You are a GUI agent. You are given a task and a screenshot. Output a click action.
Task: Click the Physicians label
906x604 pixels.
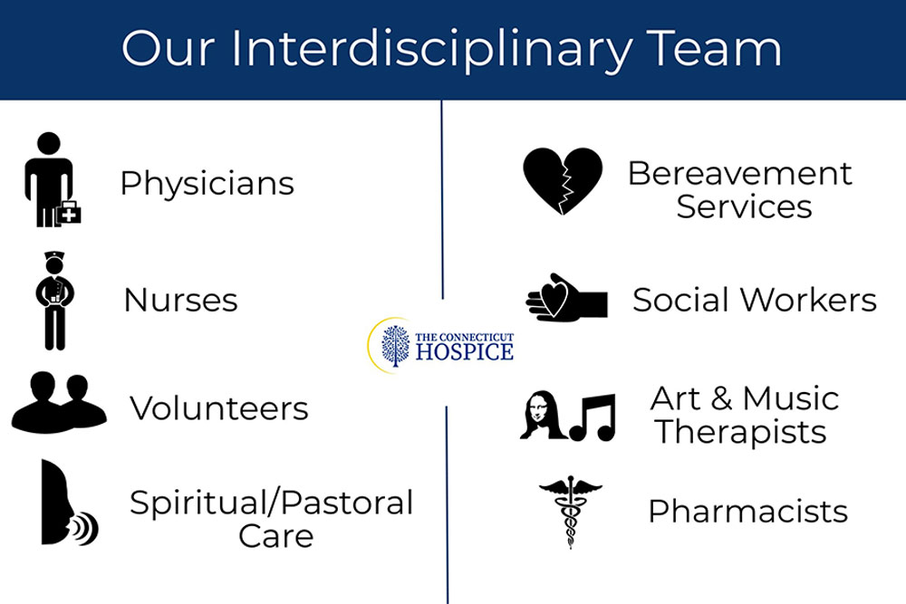pos(207,184)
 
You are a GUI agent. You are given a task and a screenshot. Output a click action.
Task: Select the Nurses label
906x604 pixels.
pos(180,300)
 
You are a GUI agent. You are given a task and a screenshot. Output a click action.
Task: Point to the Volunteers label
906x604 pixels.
pos(218,408)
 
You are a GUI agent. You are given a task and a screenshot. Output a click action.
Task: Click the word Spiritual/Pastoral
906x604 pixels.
pos(271,503)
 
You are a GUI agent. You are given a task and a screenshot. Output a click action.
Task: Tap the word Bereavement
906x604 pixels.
pos(739,173)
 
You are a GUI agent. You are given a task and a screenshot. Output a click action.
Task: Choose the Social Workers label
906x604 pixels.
pos(754,300)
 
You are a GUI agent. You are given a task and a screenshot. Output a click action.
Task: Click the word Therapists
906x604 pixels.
pos(741,432)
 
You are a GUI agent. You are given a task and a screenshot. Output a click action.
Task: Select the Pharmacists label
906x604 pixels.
pos(747,512)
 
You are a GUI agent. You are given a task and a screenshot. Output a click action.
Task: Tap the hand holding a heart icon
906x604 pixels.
pos(566,298)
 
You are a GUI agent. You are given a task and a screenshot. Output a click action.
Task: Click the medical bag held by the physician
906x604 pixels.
pos(68,215)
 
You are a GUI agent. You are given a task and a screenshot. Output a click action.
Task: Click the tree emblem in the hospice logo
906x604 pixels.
pos(395,345)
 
